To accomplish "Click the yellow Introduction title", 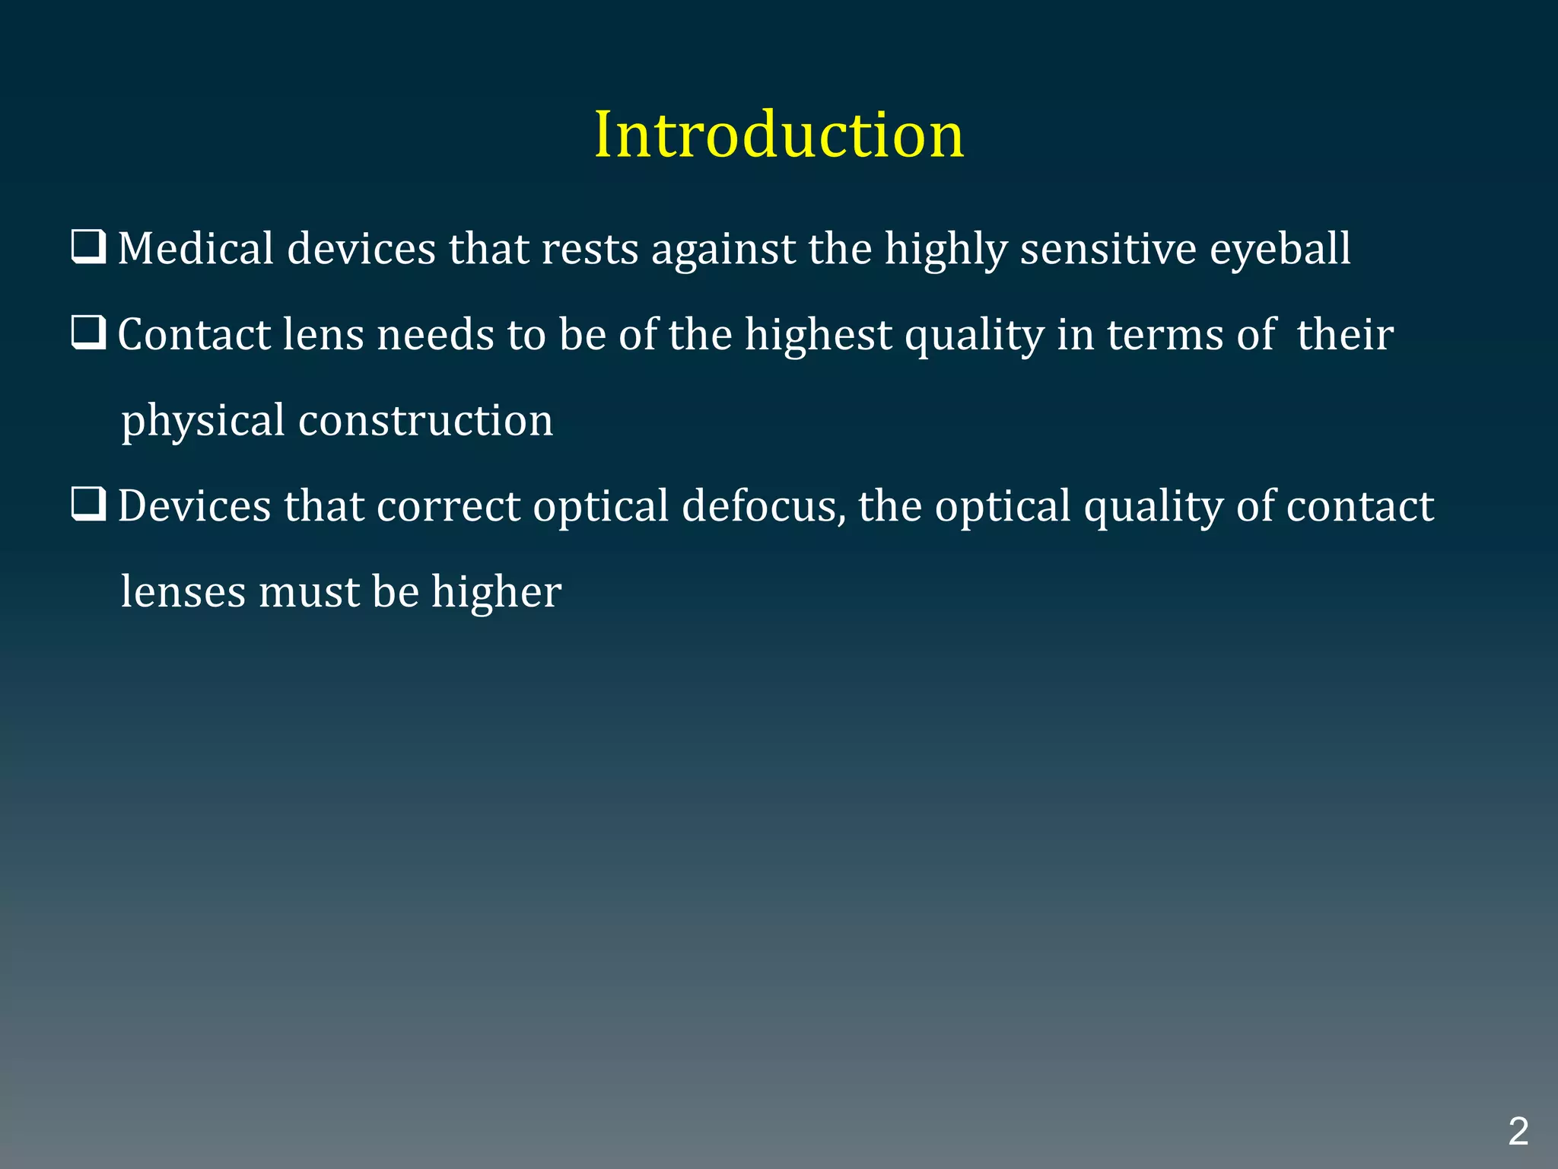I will (x=779, y=135).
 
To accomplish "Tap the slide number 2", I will (x=1518, y=1132).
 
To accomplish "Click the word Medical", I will (x=196, y=249).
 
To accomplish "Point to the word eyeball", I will (x=1280, y=250).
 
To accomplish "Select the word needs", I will (x=436, y=335).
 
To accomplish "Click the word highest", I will (x=818, y=336).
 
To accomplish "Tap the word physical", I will (x=203, y=422).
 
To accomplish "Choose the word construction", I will (x=425, y=421).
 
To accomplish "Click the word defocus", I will (x=763, y=506).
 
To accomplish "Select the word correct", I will (x=448, y=506).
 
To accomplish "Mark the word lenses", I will (x=183, y=592).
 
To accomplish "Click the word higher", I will (x=496, y=593).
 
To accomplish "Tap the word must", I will (x=308, y=593).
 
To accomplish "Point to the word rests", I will (x=590, y=250).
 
